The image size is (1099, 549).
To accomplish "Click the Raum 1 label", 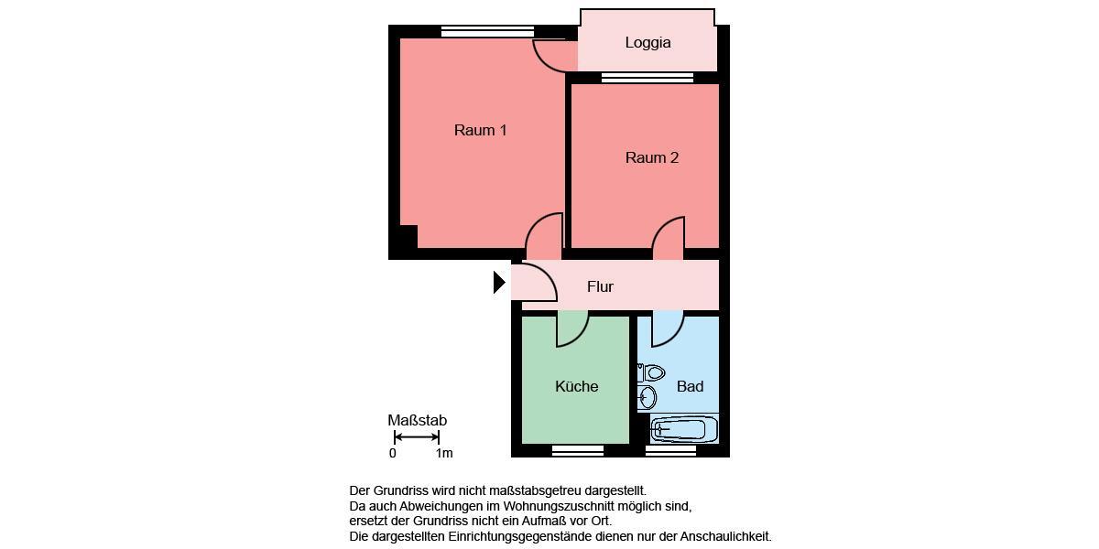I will (480, 130).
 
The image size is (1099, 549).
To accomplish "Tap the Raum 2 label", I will (651, 157).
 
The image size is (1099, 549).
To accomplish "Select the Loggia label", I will (647, 42).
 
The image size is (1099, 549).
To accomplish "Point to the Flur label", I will (600, 286).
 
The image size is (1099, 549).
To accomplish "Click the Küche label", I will (576, 386).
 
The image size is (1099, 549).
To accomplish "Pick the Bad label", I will (690, 386).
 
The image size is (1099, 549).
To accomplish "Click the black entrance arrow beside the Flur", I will (499, 283).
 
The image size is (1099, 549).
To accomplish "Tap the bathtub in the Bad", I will (683, 429).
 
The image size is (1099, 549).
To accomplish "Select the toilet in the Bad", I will (652, 372).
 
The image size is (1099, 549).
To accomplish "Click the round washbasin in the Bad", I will (647, 397).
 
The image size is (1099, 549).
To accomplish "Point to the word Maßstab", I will (417, 420).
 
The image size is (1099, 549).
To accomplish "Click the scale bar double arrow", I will (417, 436).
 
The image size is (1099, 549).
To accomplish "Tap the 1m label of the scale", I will (444, 453).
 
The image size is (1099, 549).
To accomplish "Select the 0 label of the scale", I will (393, 453).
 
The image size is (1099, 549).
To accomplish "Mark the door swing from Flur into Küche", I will (571, 329).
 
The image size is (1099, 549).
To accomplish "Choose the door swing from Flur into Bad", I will (668, 329).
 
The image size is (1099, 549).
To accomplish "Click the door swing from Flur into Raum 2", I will (669, 238).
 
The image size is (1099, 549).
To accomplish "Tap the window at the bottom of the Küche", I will (578, 450).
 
